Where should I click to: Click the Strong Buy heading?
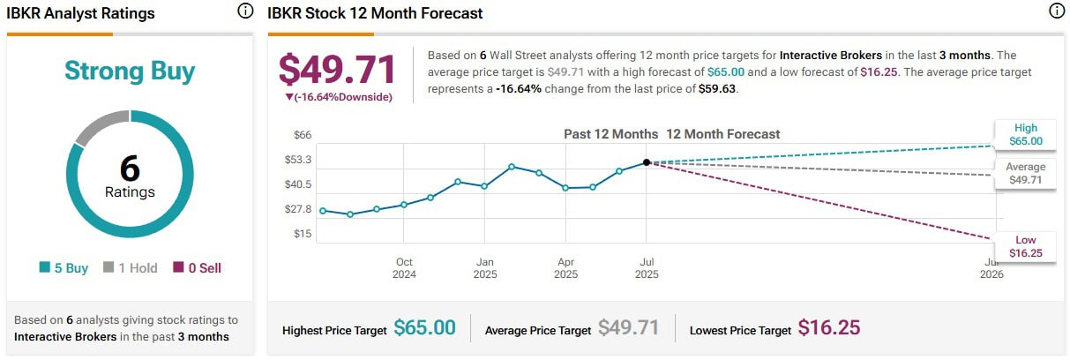click(x=130, y=71)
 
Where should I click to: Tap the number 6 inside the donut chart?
click(x=130, y=168)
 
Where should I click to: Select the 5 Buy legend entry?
click(x=64, y=267)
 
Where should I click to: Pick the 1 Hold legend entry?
click(x=130, y=267)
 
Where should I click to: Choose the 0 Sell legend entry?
click(x=198, y=267)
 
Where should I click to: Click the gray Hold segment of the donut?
click(x=99, y=127)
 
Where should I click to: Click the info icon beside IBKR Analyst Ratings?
click(x=245, y=11)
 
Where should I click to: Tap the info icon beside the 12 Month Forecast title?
click(x=1056, y=11)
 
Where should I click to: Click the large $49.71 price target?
click(x=338, y=70)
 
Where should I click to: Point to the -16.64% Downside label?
click(x=338, y=97)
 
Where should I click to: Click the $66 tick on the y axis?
click(x=303, y=134)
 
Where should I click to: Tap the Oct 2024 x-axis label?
click(x=404, y=267)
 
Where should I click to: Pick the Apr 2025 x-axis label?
click(x=565, y=267)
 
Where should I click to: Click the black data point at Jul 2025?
click(x=647, y=162)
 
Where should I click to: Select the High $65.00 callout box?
click(x=1026, y=134)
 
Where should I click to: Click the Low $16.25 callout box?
click(x=1026, y=246)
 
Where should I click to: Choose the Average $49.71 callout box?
click(x=1026, y=173)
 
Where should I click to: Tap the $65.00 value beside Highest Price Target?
click(x=424, y=328)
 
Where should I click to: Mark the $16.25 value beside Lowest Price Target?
click(x=828, y=328)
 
